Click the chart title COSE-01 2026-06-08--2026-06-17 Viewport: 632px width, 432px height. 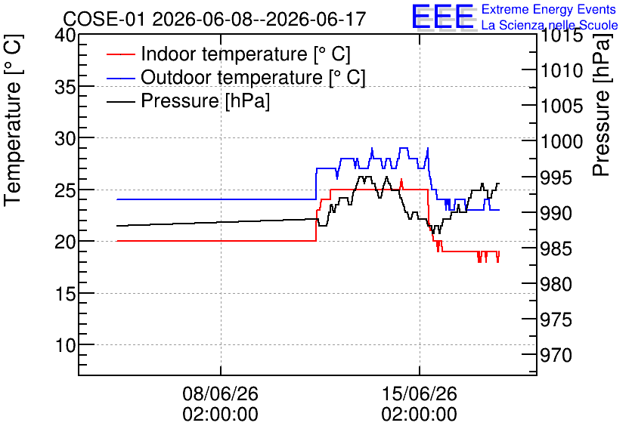tap(215, 19)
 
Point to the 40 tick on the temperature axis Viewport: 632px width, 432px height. tap(65, 35)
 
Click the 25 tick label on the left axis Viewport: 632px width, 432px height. tap(65, 190)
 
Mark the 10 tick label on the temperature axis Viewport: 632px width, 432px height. tap(65, 345)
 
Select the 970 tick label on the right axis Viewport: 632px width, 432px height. tap(556, 355)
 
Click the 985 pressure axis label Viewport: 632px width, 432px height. tap(556, 248)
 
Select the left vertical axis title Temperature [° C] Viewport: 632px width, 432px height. tap(13, 120)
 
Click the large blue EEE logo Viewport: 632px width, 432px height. tap(442, 17)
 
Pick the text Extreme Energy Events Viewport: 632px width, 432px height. tap(549, 9)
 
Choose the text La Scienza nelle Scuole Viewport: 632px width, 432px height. tap(550, 25)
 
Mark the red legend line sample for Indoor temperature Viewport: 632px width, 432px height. tap(121, 54)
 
